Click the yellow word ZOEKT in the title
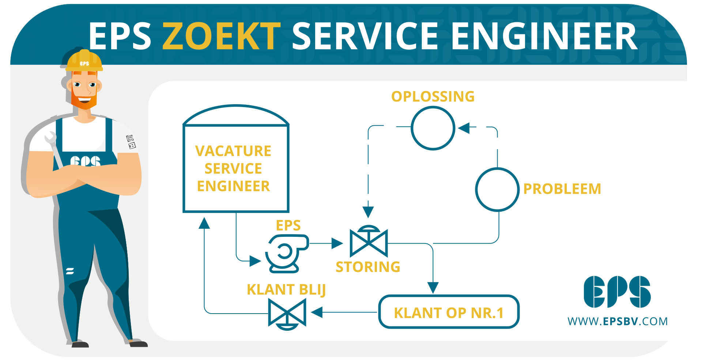(221, 36)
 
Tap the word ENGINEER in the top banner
(544, 36)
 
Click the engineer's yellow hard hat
(84, 61)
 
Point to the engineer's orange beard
(84, 101)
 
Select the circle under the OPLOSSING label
(433, 128)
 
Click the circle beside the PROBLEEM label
(497, 189)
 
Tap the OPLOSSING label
(433, 96)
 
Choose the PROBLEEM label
(562, 189)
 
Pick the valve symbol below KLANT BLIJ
(287, 314)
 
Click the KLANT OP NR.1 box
(449, 312)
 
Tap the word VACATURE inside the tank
(233, 151)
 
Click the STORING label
(368, 267)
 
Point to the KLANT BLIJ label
(286, 289)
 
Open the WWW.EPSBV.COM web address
(617, 321)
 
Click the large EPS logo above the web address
(617, 292)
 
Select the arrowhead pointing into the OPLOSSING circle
(464, 128)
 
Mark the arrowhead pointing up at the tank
(204, 223)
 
